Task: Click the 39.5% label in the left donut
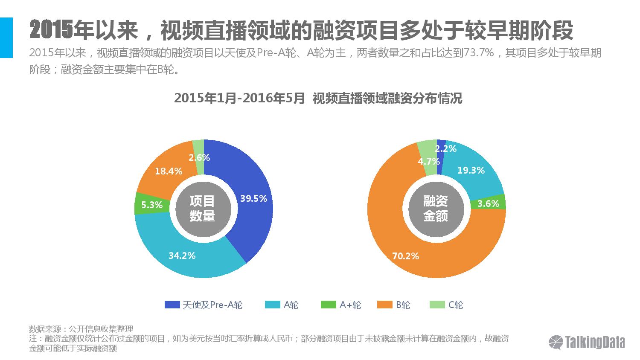pyautogui.click(x=253, y=198)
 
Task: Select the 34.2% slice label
pyautogui.click(x=182, y=255)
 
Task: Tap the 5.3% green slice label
pyautogui.click(x=152, y=205)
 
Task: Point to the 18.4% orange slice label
pyautogui.click(x=169, y=171)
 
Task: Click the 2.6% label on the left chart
pyautogui.click(x=199, y=157)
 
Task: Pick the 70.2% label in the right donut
pyautogui.click(x=405, y=256)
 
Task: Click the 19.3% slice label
pyautogui.click(x=471, y=170)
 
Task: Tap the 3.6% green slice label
pyautogui.click(x=488, y=203)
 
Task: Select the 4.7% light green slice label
pyautogui.click(x=428, y=161)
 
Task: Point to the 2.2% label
pyautogui.click(x=446, y=148)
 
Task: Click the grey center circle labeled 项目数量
pyautogui.click(x=202, y=209)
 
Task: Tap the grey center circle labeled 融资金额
pyautogui.click(x=435, y=209)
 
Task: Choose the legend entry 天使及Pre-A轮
pyautogui.click(x=204, y=305)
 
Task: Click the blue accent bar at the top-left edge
pyautogui.click(x=6, y=38)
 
